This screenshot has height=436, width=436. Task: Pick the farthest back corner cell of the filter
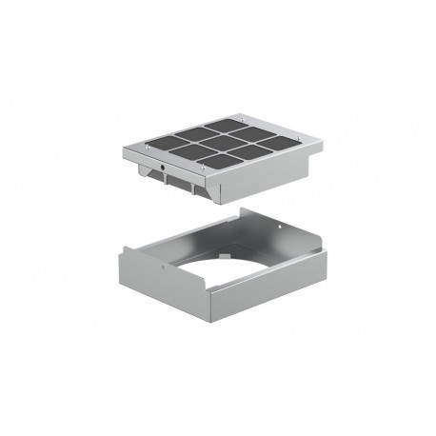point(224,125)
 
